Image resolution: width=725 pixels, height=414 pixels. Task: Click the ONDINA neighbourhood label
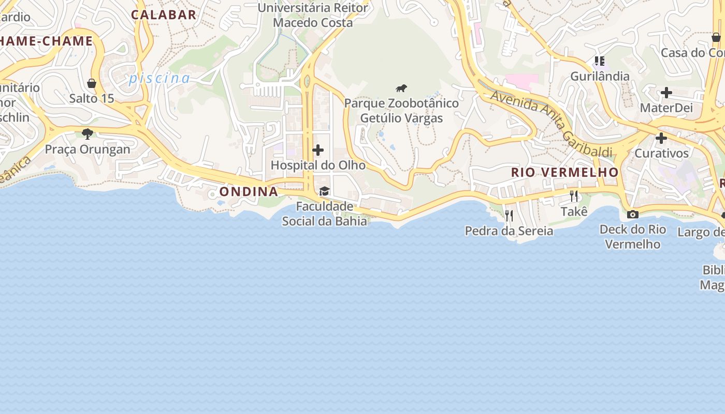pyautogui.click(x=249, y=191)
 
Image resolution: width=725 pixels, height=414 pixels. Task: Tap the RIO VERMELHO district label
pyautogui.click(x=564, y=172)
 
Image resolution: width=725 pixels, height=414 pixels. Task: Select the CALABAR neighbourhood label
pyautogui.click(x=164, y=14)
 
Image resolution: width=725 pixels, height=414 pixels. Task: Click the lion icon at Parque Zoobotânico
pyautogui.click(x=401, y=88)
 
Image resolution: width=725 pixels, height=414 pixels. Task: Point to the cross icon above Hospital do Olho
pyautogui.click(x=318, y=151)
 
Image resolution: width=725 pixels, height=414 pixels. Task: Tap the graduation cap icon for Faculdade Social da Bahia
pyautogui.click(x=325, y=191)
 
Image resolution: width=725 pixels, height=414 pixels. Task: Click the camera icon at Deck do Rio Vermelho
pyautogui.click(x=633, y=214)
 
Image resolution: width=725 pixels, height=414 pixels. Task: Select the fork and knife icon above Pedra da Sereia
pyautogui.click(x=509, y=215)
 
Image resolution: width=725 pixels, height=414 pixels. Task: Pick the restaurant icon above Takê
pyautogui.click(x=574, y=196)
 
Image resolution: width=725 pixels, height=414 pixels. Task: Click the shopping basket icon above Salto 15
pyautogui.click(x=92, y=83)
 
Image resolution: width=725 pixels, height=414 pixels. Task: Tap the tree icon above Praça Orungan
pyautogui.click(x=88, y=134)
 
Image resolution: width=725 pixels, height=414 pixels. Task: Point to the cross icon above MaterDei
pyautogui.click(x=666, y=93)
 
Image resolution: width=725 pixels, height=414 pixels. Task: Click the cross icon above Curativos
pyautogui.click(x=661, y=138)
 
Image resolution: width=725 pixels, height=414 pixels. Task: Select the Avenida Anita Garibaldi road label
pyautogui.click(x=551, y=123)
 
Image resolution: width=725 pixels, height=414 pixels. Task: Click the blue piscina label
pyautogui.click(x=160, y=78)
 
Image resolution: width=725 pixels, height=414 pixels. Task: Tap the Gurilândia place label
pyautogui.click(x=600, y=77)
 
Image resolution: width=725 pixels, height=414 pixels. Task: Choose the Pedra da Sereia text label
pyautogui.click(x=509, y=231)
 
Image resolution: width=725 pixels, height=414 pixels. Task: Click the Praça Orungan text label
pyautogui.click(x=88, y=150)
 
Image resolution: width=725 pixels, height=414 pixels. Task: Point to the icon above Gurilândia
pyautogui.click(x=600, y=61)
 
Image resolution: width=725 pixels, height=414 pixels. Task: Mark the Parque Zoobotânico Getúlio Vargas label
pyautogui.click(x=401, y=111)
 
